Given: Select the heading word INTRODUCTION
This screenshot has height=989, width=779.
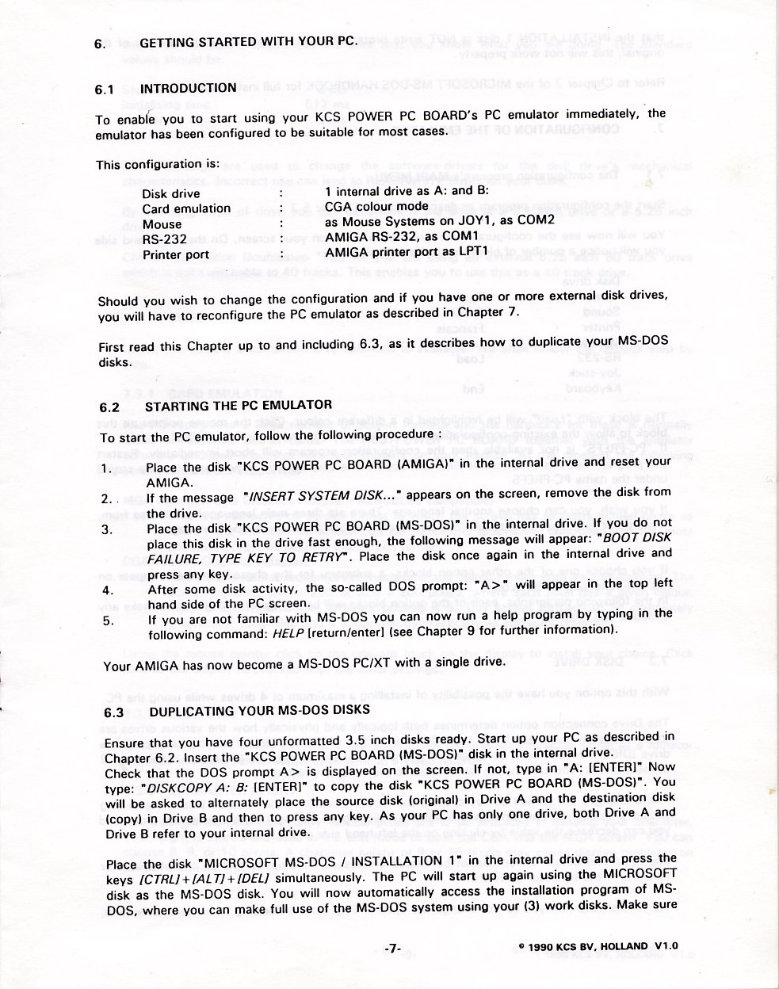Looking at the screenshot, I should tap(188, 88).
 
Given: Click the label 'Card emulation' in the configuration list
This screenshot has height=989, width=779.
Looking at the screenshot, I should tap(186, 209).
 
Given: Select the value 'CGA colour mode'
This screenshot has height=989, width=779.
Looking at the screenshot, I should tap(376, 207).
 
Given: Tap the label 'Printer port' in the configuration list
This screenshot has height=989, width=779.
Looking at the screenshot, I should tap(176, 255).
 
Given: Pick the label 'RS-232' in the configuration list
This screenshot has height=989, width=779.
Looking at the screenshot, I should tap(165, 239).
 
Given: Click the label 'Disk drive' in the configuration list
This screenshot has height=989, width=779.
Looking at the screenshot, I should tap(171, 194).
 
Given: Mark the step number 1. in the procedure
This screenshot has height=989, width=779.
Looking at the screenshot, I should tap(106, 468).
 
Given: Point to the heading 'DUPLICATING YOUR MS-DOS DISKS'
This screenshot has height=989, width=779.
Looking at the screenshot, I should tap(259, 711).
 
